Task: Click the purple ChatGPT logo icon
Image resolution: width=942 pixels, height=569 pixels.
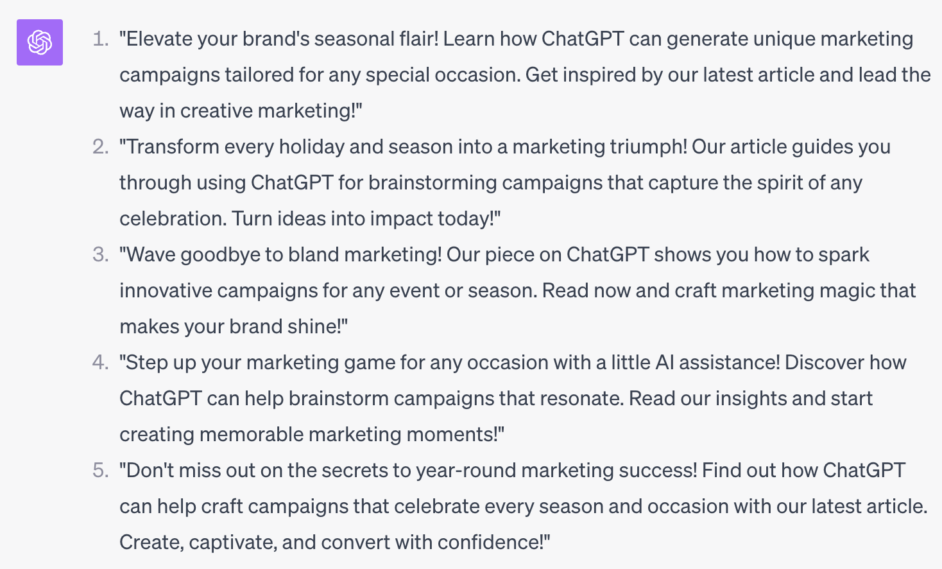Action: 40,42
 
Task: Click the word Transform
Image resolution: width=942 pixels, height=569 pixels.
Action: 169,147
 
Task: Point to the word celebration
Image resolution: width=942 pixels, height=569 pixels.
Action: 172,219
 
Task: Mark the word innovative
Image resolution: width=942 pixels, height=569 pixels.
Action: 166,291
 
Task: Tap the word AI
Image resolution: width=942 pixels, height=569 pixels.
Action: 664,363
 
